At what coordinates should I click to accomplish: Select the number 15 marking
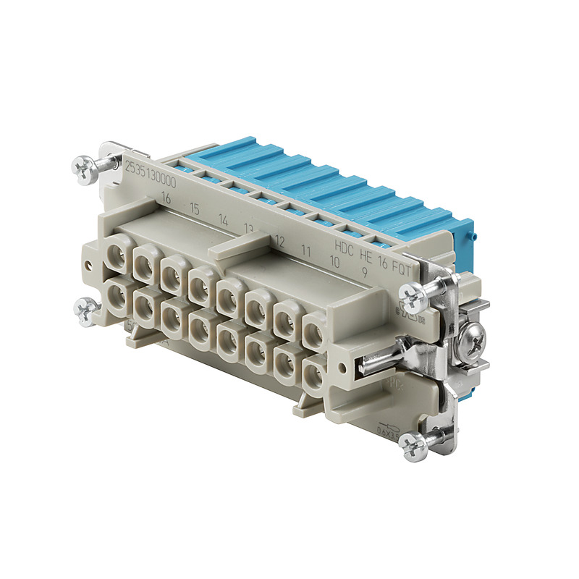pos(194,209)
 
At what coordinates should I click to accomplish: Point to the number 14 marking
pos(223,219)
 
